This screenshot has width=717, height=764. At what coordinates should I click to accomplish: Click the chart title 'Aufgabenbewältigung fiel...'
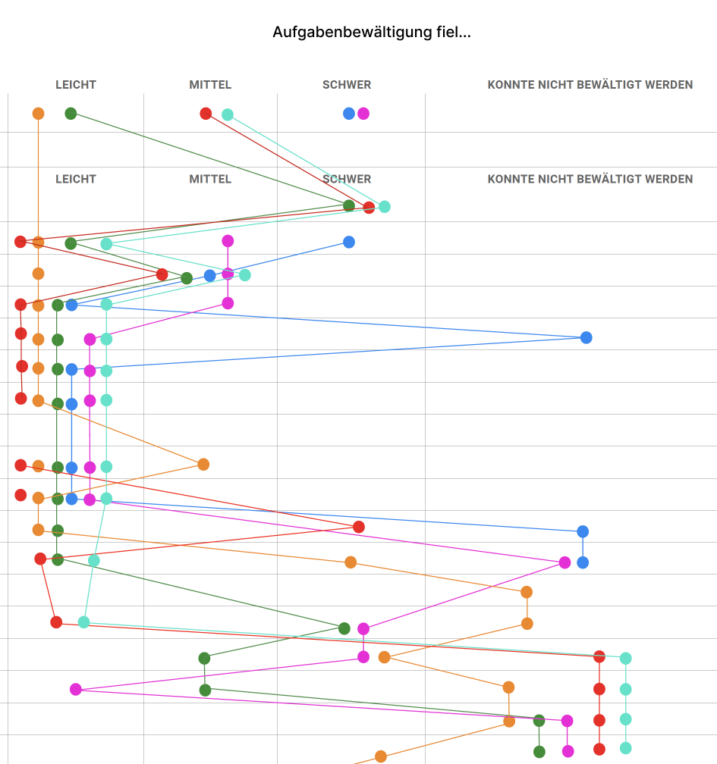pyautogui.click(x=371, y=33)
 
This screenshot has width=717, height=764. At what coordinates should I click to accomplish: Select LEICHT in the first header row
pyautogui.click(x=76, y=85)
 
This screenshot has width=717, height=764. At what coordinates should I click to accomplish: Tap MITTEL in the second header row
pyautogui.click(x=210, y=179)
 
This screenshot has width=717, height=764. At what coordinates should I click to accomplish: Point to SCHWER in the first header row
pyautogui.click(x=347, y=85)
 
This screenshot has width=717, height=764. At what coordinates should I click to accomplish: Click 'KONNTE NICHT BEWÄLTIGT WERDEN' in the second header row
pyautogui.click(x=590, y=179)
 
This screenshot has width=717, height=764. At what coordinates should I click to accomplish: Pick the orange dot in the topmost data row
pyautogui.click(x=38, y=114)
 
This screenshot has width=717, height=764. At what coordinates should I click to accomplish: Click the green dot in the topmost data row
pyautogui.click(x=71, y=114)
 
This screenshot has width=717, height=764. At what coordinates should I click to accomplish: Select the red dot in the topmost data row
pyautogui.click(x=206, y=114)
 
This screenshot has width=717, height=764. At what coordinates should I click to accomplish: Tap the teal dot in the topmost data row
pyautogui.click(x=228, y=114)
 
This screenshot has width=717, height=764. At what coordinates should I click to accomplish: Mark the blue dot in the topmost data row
pyautogui.click(x=349, y=114)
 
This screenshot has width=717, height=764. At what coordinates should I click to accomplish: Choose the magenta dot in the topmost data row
pyautogui.click(x=363, y=114)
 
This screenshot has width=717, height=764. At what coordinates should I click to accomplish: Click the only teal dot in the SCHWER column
pyautogui.click(x=385, y=206)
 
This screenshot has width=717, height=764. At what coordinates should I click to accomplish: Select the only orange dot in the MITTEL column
pyautogui.click(x=203, y=464)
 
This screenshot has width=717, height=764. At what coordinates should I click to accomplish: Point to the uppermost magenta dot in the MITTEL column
pyautogui.click(x=228, y=241)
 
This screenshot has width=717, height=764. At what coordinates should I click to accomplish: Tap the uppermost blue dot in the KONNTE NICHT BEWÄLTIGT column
pyautogui.click(x=586, y=337)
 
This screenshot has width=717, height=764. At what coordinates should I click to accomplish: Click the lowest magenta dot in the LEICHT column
pyautogui.click(x=76, y=689)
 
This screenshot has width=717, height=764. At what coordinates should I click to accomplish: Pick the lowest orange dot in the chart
pyautogui.click(x=381, y=756)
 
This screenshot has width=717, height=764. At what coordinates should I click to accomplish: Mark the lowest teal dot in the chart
pyautogui.click(x=625, y=748)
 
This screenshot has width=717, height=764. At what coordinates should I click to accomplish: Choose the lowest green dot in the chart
pyautogui.click(x=539, y=752)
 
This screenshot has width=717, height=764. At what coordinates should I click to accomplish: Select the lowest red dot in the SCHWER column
pyautogui.click(x=359, y=527)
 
